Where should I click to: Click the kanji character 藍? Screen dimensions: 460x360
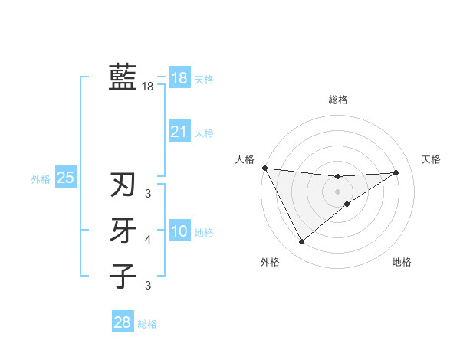coord(123,77)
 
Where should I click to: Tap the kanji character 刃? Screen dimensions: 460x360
coord(123,185)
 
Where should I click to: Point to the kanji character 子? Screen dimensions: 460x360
coord(123,275)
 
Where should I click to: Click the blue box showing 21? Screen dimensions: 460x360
coord(179,132)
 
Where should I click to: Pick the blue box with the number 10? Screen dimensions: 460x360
coord(179,231)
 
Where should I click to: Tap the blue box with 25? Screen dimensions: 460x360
coord(65,178)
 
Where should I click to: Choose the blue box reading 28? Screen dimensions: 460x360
coord(122,322)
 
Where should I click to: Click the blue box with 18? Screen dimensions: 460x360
coord(179,78)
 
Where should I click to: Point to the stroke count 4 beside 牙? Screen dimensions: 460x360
coord(148,240)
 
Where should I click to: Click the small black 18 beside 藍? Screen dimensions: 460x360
coord(147,87)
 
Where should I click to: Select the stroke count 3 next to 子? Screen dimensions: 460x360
coord(148,286)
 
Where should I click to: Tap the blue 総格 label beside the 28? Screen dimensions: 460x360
coord(147,324)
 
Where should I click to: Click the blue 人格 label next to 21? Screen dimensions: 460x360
coord(204,133)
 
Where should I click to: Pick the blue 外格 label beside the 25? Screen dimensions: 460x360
coord(41,179)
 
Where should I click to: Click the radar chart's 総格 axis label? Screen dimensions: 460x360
coord(338,100)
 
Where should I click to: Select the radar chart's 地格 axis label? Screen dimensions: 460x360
coord(402,262)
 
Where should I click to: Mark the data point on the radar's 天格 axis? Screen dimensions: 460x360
coord(396,172)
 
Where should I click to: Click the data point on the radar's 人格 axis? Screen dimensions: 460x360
coord(264,168)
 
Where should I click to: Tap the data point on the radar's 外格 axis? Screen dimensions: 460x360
coord(301,242)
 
